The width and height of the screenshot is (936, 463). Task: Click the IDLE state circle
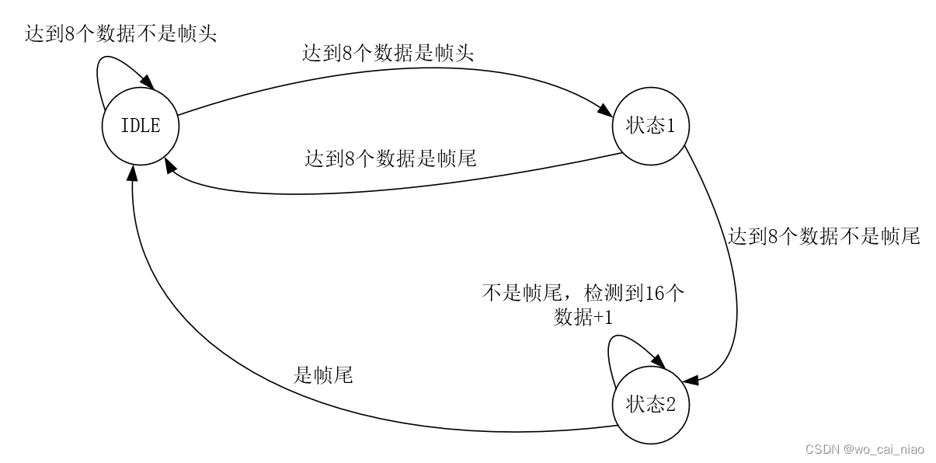pos(141,125)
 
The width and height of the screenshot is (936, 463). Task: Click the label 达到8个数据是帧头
pos(388,54)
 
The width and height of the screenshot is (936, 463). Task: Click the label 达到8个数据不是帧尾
pos(823,237)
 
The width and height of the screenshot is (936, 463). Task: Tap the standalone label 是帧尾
pos(323,376)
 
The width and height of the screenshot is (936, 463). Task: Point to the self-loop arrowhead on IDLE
pos(145,81)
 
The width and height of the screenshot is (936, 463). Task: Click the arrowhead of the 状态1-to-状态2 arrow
pos(691,379)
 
